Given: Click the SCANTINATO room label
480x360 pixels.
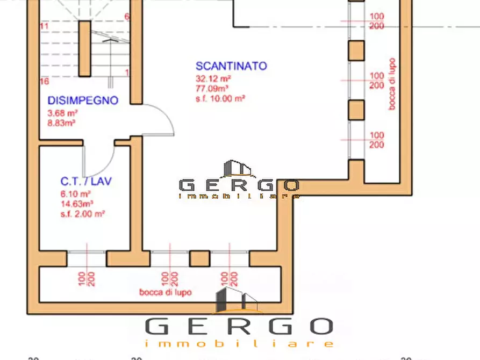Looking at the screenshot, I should click(x=231, y=66).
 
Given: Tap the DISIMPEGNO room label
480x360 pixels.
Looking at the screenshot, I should click(x=83, y=100).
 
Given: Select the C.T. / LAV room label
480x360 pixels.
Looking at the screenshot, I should click(x=86, y=182).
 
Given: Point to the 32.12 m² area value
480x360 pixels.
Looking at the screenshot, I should click(x=213, y=78).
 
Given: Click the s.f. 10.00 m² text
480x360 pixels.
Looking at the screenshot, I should click(x=220, y=98).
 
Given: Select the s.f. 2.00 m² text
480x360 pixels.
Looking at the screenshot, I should click(x=82, y=213).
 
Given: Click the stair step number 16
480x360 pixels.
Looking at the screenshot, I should click(x=45, y=81).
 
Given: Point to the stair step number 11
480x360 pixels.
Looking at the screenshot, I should click(x=44, y=26).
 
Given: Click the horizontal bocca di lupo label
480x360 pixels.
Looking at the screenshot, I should click(x=166, y=293).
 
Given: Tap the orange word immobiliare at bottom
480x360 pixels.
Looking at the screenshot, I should click(x=239, y=343).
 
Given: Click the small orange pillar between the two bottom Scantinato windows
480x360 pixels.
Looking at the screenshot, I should click(x=200, y=258).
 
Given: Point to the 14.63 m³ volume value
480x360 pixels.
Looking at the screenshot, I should click(x=77, y=204).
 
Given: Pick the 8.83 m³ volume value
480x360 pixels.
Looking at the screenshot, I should click(x=62, y=123).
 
